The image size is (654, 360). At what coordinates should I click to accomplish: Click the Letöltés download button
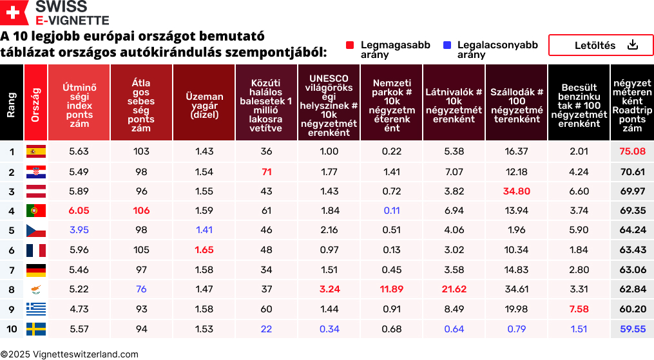[x=601, y=45]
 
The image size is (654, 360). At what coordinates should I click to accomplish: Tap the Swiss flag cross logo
[x=14, y=12]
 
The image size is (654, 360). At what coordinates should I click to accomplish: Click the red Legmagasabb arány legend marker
[x=350, y=45]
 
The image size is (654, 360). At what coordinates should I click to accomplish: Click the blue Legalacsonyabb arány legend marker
[x=447, y=45]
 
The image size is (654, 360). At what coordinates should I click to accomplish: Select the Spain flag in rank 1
[x=35, y=152]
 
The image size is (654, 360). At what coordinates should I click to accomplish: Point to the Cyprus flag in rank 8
[x=35, y=290]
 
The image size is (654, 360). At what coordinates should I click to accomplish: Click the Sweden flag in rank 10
[x=35, y=329]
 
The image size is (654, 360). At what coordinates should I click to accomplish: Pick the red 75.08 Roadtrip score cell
[x=632, y=152]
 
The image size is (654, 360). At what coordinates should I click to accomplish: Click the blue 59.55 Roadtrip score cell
[x=632, y=329]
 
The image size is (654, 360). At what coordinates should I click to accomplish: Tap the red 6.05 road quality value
[x=79, y=211]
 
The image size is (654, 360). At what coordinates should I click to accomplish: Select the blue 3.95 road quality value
[x=79, y=231]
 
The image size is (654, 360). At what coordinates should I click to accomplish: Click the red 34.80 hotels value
[x=516, y=191]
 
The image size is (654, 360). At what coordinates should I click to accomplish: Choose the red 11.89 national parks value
[x=391, y=290]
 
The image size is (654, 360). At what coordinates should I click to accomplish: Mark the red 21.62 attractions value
[x=454, y=290]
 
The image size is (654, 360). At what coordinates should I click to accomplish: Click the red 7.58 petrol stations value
[x=579, y=309]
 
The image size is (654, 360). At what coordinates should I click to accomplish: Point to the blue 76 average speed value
[x=141, y=290]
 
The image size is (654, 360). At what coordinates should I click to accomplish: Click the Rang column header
[x=11, y=102]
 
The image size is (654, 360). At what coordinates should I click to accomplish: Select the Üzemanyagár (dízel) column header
[x=204, y=102]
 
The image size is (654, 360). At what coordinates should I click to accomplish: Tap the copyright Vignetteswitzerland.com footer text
[x=70, y=354]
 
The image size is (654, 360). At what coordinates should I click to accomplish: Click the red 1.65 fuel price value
[x=204, y=251]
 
